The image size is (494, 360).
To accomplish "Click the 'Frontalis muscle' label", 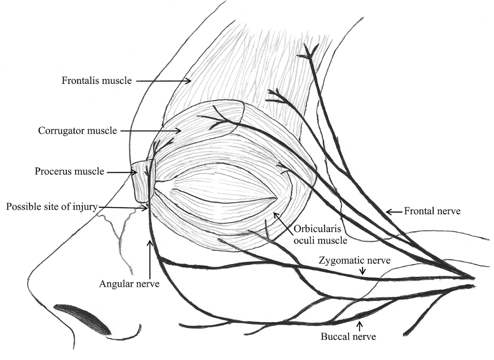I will (97, 81).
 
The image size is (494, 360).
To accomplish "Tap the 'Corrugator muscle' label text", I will (78, 131).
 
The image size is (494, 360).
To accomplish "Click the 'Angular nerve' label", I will (129, 283).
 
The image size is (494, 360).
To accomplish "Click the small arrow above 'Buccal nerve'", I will (361, 326).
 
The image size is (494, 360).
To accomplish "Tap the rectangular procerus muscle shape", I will (143, 181).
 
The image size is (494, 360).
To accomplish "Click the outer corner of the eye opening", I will (276, 198).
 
